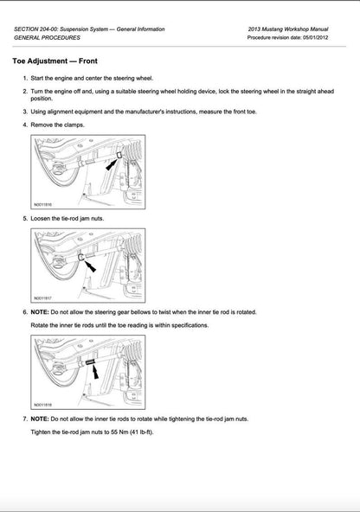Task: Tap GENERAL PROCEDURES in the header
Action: [x=48, y=38]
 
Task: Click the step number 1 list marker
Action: [x=24, y=79]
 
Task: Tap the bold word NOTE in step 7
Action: [x=41, y=418]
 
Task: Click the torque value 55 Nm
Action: [x=121, y=432]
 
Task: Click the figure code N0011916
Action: [x=43, y=204]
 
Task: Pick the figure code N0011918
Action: [x=43, y=403]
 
